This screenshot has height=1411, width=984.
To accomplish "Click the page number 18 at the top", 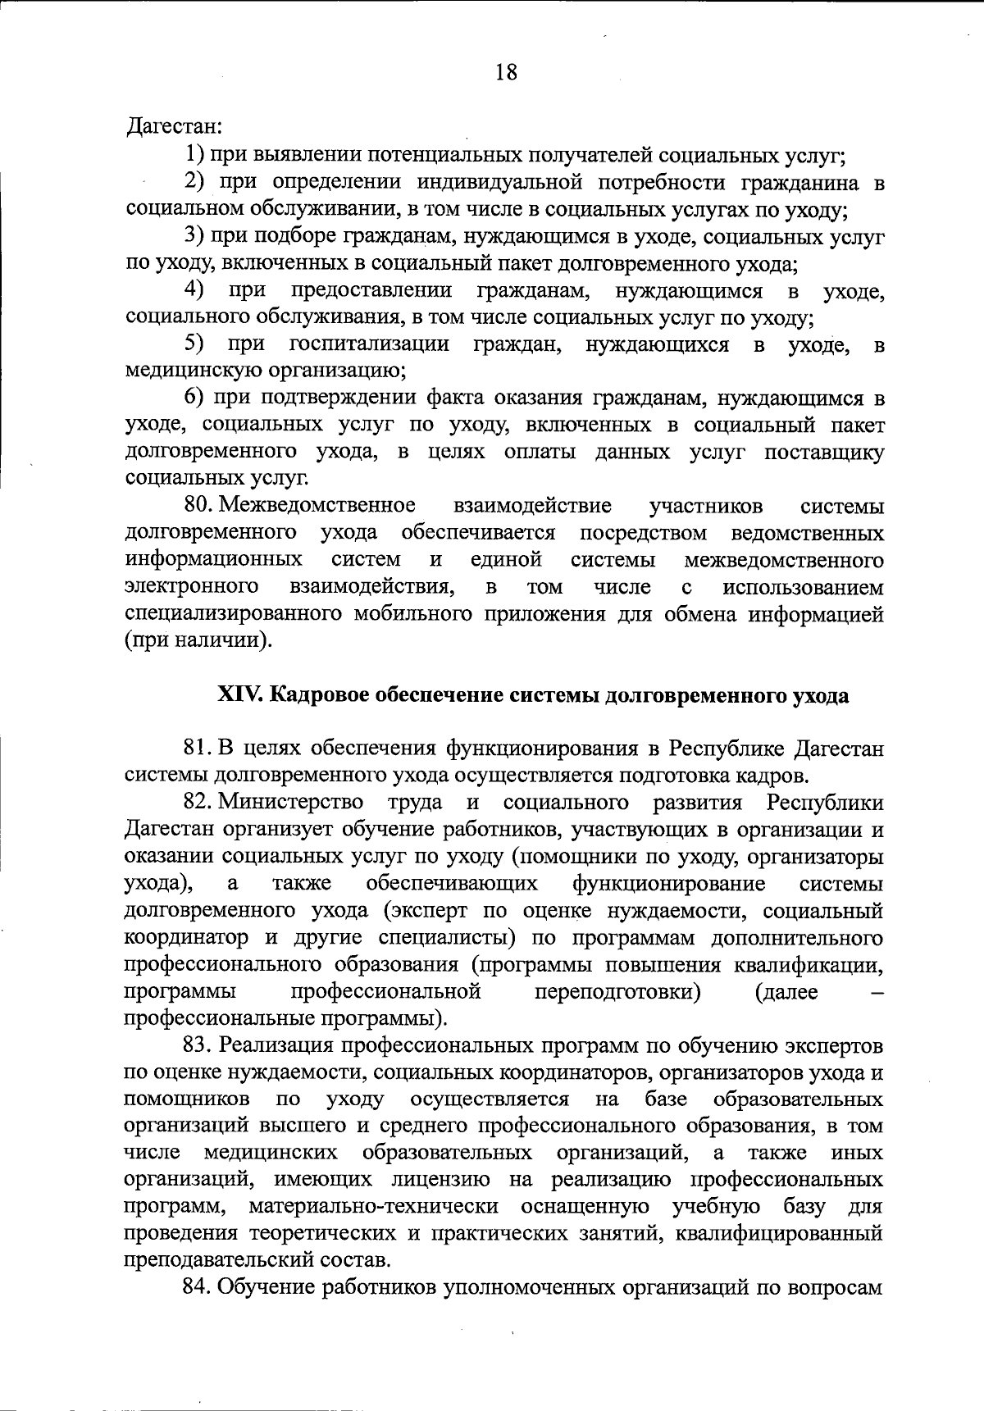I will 506,73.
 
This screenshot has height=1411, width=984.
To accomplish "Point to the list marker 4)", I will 194,289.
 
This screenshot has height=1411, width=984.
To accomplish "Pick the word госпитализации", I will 369,344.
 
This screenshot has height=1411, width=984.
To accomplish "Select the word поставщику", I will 824,453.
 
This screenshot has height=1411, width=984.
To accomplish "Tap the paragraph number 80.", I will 199,506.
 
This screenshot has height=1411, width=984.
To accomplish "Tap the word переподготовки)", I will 617,992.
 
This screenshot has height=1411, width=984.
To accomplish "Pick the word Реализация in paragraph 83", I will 275,1047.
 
